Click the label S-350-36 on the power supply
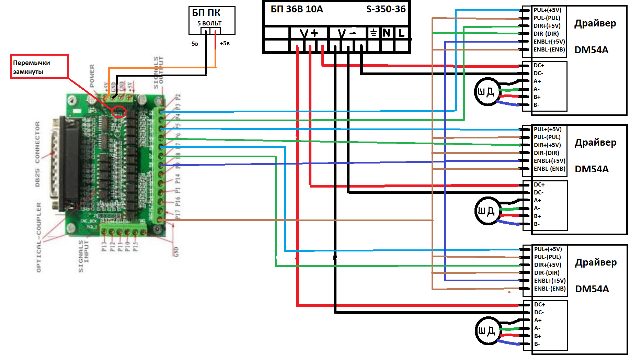386,9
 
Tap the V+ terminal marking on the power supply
309,33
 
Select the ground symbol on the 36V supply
373,33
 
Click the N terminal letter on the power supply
387,33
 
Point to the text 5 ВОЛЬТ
209,23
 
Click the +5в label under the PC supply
225,44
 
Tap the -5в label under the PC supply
194,44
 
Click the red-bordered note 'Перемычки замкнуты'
39,67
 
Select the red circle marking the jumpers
119,112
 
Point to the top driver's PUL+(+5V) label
547,10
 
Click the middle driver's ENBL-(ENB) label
549,169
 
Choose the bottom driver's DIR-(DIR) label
547,273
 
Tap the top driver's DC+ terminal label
539,65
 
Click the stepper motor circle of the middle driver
486,211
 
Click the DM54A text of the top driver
591,50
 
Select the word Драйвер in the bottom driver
596,262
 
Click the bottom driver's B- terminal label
537,344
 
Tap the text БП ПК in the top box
206,13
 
